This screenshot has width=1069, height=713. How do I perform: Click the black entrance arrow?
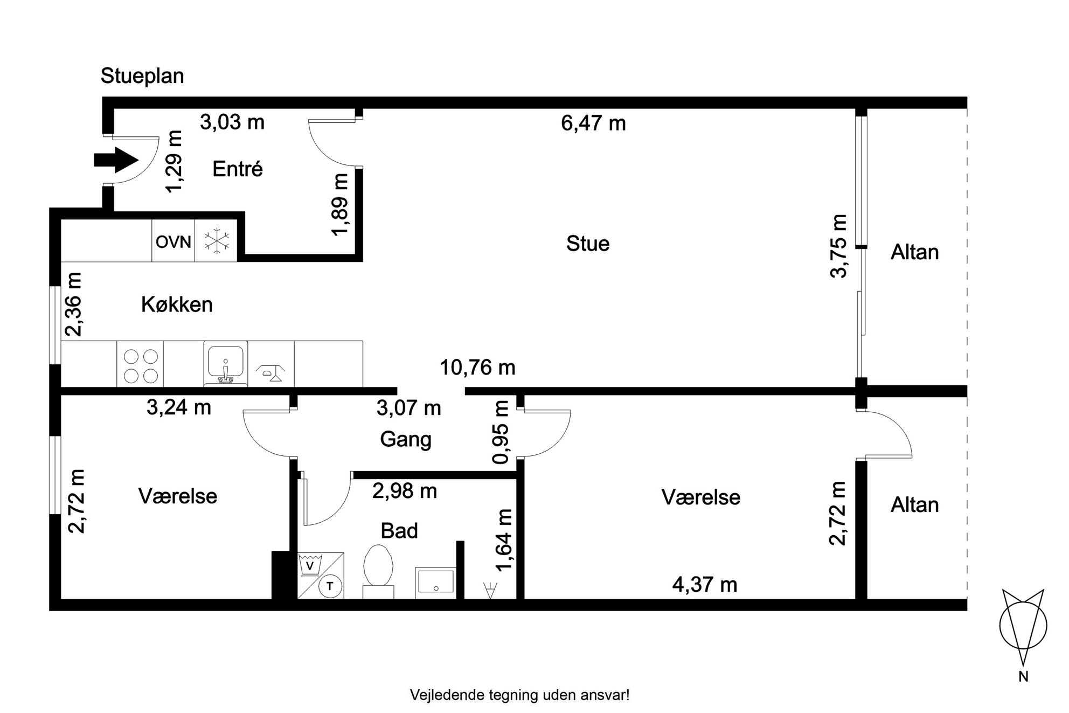(x=115, y=160)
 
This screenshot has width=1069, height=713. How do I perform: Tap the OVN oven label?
(x=173, y=242)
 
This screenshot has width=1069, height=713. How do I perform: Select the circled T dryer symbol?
(x=330, y=586)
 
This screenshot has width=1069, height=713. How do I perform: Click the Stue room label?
(x=588, y=244)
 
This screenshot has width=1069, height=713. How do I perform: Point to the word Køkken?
(x=177, y=304)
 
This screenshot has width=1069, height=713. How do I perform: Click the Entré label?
(x=238, y=169)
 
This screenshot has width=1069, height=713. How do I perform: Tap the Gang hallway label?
(x=406, y=440)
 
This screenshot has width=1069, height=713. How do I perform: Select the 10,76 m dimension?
(x=478, y=368)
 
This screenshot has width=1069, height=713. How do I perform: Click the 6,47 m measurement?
(x=593, y=123)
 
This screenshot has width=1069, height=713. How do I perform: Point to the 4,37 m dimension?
(x=705, y=584)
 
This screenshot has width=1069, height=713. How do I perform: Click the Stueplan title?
(x=142, y=76)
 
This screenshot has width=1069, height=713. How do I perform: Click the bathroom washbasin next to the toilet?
(x=435, y=583)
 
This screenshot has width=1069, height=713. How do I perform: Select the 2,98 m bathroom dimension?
(x=405, y=491)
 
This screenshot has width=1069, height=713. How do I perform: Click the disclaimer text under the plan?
(x=520, y=695)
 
